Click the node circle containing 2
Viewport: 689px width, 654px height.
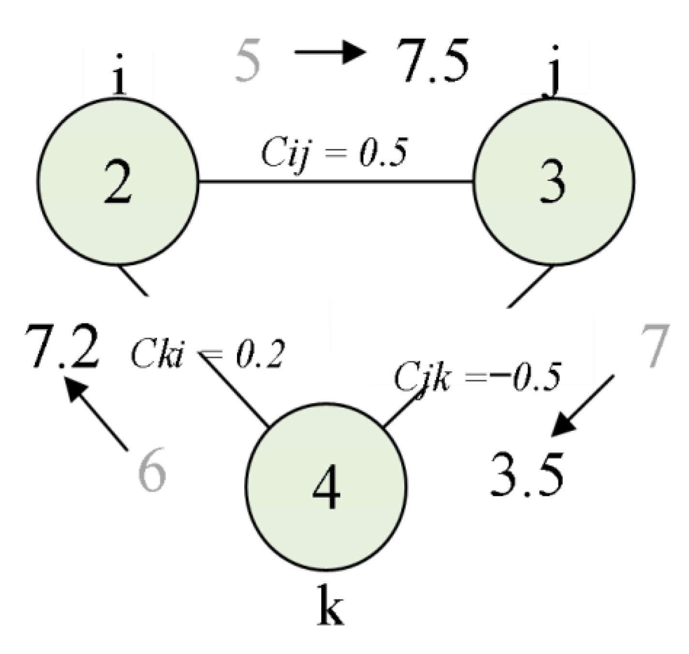click(118, 181)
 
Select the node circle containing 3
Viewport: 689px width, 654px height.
click(553, 181)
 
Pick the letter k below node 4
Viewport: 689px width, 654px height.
click(331, 605)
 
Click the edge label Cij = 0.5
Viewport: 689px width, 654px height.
click(334, 153)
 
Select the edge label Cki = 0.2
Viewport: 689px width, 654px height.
click(207, 355)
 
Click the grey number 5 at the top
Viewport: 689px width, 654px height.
click(248, 62)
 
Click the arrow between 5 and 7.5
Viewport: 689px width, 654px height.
click(330, 51)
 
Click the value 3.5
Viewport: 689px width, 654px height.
click(527, 474)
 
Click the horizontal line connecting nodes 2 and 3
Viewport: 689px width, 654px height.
click(336, 182)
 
